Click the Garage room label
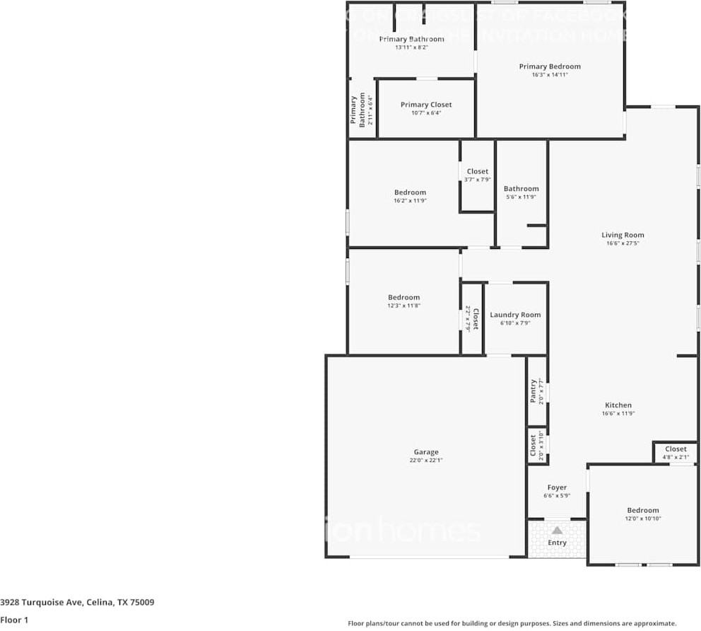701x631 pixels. point(425,452)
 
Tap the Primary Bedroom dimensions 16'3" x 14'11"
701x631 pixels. point(550,74)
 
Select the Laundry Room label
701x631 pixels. point(515,315)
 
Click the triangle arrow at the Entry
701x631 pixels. point(557,530)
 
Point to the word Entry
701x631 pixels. point(557,543)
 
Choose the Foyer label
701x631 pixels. point(557,487)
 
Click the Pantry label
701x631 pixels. point(534,391)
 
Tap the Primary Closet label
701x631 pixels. point(425,105)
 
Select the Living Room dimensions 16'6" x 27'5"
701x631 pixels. point(623,243)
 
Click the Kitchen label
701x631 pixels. point(617,405)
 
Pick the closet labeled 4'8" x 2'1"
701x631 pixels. point(675,453)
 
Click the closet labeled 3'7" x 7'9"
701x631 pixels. point(477,175)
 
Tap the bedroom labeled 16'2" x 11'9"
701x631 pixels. point(410,196)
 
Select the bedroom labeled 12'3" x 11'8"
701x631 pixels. point(403,301)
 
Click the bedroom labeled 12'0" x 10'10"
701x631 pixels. point(642,514)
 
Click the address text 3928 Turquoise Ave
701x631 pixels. point(42,603)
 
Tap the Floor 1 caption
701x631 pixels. point(14,620)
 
